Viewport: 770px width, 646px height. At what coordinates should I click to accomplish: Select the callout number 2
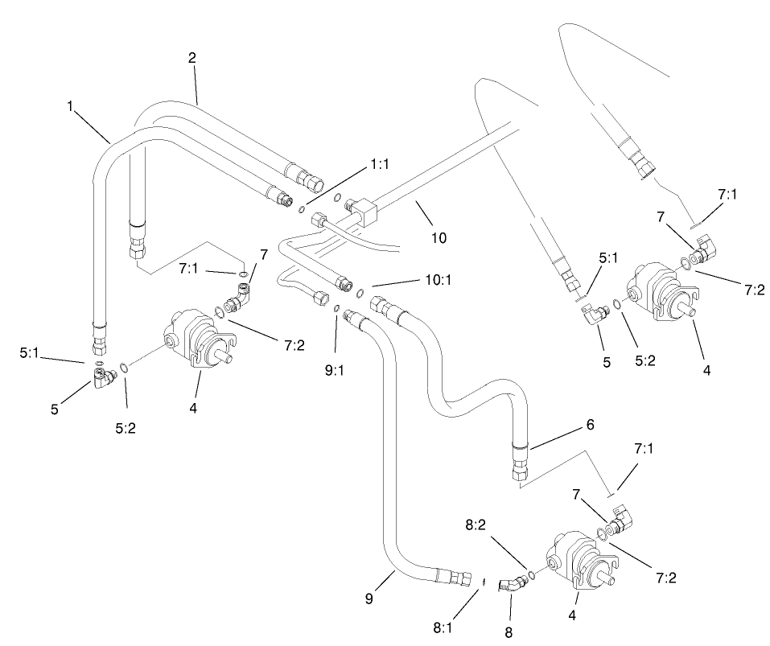click(191, 57)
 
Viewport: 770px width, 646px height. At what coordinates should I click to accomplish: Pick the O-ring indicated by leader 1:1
click(301, 212)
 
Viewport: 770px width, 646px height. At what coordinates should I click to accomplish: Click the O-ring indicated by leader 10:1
click(361, 293)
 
